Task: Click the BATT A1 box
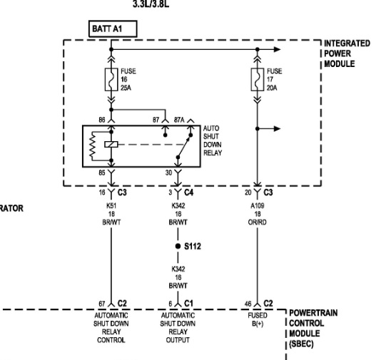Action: [111, 29]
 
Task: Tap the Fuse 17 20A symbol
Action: [255, 81]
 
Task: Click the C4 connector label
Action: [187, 192]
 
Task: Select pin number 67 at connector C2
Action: [101, 303]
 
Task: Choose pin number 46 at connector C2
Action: [246, 303]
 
